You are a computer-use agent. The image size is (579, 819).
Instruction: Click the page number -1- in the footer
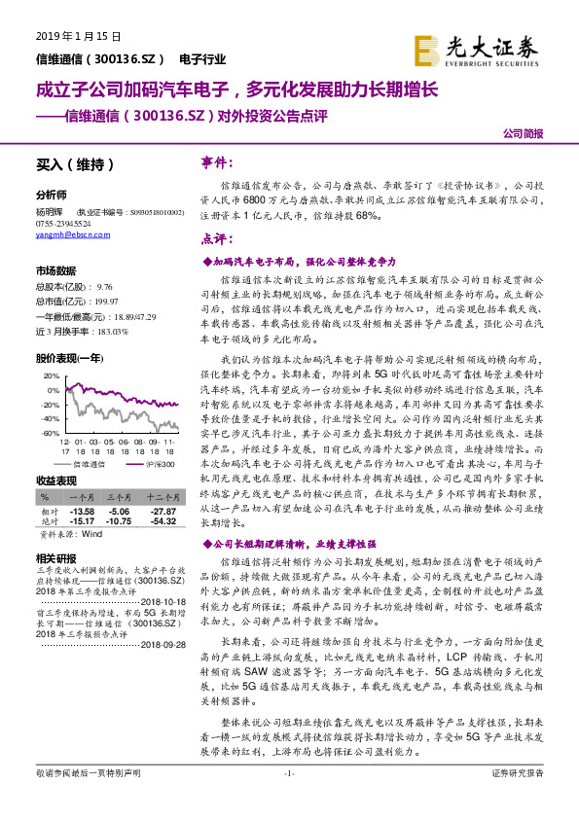coord(289,800)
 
